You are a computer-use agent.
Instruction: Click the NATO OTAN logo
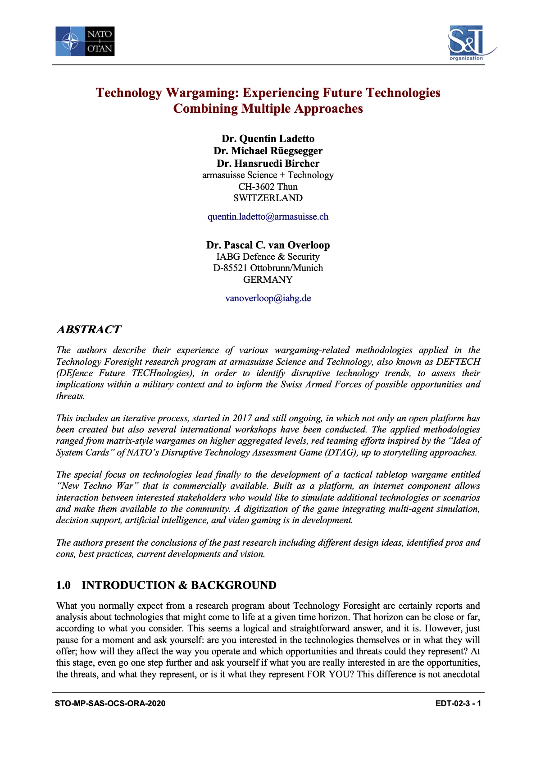tap(85, 41)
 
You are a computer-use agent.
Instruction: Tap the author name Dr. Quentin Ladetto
tap(268, 138)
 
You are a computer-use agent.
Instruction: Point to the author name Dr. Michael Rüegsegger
tap(268, 151)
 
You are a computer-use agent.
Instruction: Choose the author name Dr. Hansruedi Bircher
tap(268, 163)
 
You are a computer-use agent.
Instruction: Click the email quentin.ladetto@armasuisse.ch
tap(268, 216)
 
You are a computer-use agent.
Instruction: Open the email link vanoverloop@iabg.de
tap(268, 298)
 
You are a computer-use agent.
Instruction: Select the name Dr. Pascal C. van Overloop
tap(268, 245)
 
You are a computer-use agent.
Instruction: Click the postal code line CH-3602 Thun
tap(268, 186)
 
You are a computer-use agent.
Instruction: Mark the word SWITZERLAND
tap(268, 198)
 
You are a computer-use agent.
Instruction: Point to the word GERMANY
tap(268, 279)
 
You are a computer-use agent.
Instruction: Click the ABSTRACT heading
tap(89, 330)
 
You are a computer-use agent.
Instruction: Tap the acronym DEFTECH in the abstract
tap(458, 362)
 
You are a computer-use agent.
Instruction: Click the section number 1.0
tap(64, 585)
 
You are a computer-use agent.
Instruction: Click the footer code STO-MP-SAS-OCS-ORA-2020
tap(110, 703)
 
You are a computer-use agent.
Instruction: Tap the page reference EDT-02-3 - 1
tap(458, 703)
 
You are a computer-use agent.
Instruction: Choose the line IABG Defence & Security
tap(268, 257)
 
